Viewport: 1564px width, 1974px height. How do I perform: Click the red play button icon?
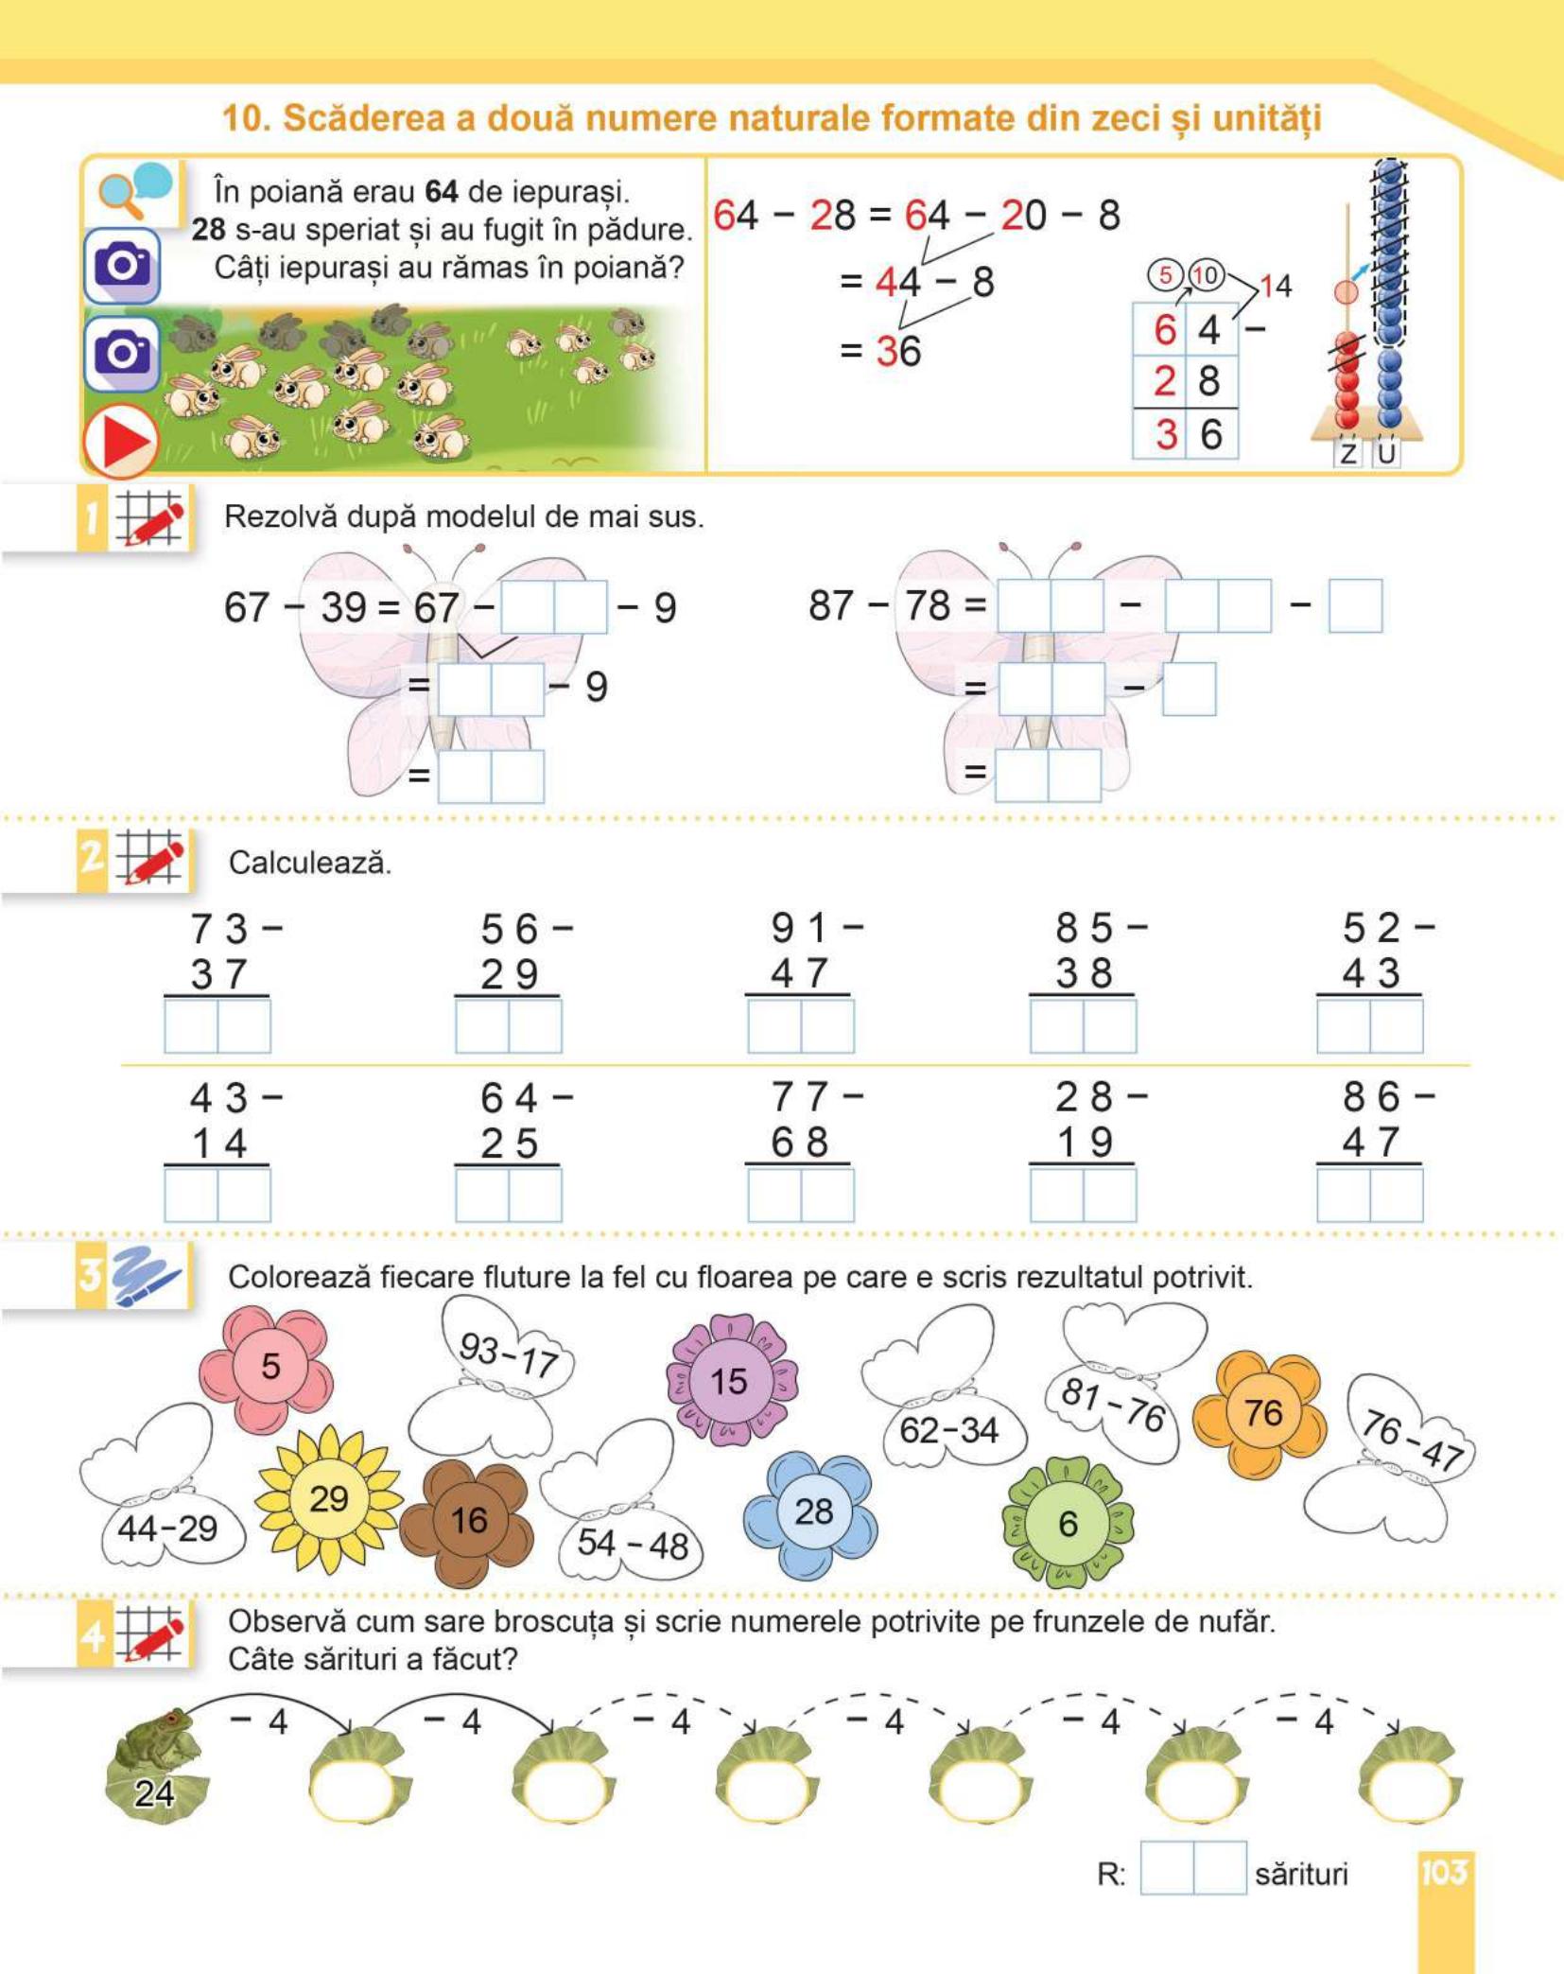(x=120, y=441)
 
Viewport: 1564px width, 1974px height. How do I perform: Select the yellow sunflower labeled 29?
(x=328, y=1499)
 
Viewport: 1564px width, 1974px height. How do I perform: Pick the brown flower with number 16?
(x=468, y=1521)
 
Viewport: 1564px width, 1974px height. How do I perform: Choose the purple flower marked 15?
(x=730, y=1380)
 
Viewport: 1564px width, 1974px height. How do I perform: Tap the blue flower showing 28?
(x=811, y=1511)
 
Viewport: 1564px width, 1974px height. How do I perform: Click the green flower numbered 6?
(x=1068, y=1523)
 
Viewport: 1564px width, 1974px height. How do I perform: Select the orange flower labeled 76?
(x=1261, y=1413)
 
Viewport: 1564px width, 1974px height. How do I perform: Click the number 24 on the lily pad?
(x=154, y=1792)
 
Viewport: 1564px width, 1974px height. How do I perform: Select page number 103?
(x=1444, y=1871)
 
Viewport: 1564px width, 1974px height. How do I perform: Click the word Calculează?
(x=309, y=863)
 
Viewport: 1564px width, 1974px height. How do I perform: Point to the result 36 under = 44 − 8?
(x=898, y=351)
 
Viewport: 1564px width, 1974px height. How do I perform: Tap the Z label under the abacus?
(x=1348, y=453)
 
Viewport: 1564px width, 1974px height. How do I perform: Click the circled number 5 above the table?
(x=1165, y=274)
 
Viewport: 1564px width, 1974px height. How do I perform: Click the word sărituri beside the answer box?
(x=1301, y=1873)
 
